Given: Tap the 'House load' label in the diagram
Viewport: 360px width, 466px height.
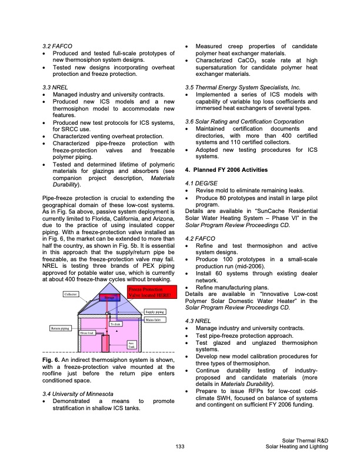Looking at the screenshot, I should pos(88,333).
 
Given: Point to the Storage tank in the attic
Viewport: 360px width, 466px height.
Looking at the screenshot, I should pos(109,299).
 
